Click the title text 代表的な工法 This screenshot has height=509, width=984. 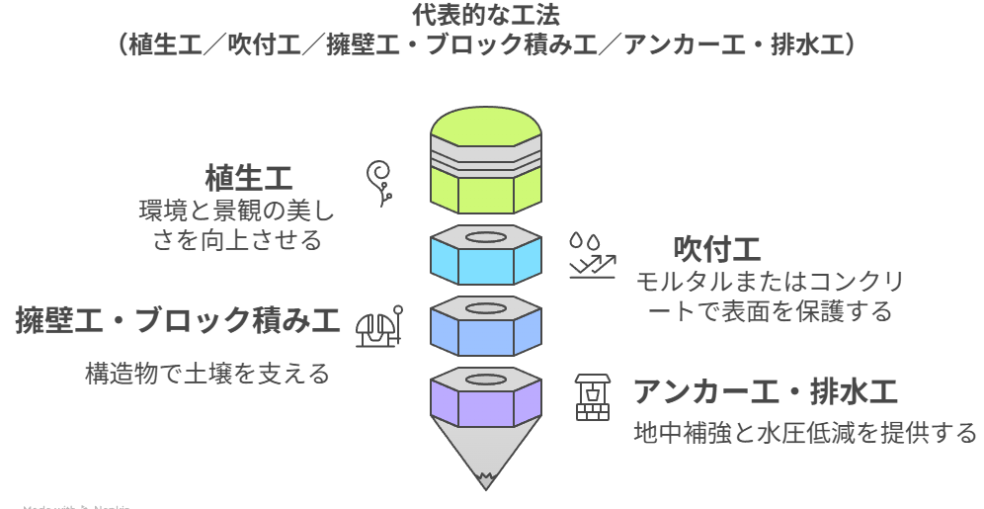(x=491, y=15)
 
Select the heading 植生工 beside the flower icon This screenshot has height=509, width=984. (x=249, y=179)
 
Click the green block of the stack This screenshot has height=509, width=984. (x=486, y=188)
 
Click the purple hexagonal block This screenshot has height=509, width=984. (x=486, y=400)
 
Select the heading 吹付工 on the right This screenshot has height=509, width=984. (x=716, y=247)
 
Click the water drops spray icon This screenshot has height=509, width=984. (x=591, y=254)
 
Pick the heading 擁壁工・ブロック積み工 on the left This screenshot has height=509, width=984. (x=177, y=321)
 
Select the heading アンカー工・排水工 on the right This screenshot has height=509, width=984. (x=766, y=392)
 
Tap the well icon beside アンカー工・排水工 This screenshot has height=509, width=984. (x=593, y=396)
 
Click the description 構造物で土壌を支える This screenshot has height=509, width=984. (x=206, y=374)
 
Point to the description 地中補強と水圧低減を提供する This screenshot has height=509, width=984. (x=804, y=433)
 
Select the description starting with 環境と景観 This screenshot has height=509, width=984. (x=237, y=224)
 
